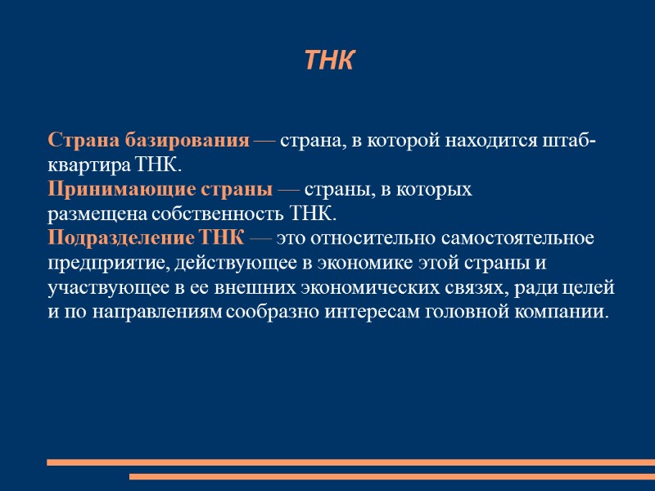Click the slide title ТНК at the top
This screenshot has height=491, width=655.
pos(327,61)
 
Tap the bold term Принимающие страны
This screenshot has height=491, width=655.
pos(160,190)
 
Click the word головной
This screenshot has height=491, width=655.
pos(466,313)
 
